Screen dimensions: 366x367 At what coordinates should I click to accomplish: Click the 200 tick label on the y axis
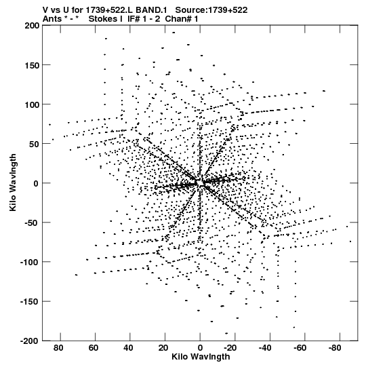click(x=32, y=26)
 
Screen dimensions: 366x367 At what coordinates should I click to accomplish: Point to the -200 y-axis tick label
click(x=30, y=341)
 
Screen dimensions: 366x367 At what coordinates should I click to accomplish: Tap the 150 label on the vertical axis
click(x=32, y=65)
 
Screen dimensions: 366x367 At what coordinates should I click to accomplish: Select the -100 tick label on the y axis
click(x=30, y=262)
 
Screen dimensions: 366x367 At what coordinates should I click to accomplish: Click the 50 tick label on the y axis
click(x=35, y=144)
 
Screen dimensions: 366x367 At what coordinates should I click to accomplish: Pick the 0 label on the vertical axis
click(x=36, y=184)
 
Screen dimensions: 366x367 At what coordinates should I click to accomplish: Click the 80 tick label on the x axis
click(x=58, y=348)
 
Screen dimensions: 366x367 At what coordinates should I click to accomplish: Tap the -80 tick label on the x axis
click(x=334, y=348)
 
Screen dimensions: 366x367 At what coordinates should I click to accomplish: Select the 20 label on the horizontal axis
click(x=163, y=348)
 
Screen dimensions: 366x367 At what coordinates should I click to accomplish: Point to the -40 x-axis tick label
click(x=265, y=348)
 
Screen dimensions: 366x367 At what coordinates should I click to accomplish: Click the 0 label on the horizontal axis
click(x=200, y=348)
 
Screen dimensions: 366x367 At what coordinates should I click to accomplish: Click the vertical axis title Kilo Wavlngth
click(x=13, y=182)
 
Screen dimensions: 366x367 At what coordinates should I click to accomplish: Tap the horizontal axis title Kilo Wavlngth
click(x=201, y=357)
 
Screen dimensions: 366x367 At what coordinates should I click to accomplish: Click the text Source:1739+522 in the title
click(x=211, y=10)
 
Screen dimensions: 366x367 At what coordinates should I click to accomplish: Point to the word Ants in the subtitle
click(x=52, y=19)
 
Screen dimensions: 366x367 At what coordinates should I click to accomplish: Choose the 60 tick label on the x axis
click(x=94, y=348)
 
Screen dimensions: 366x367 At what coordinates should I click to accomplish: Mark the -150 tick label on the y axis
click(x=30, y=302)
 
